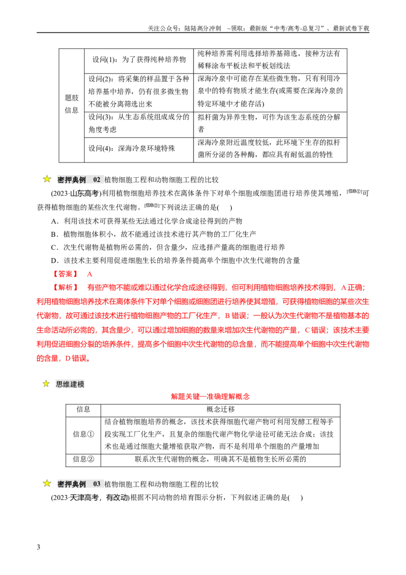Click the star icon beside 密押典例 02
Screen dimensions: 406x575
click(x=47, y=179)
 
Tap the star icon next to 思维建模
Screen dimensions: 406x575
click(x=46, y=384)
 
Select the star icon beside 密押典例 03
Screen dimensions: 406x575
click(x=47, y=484)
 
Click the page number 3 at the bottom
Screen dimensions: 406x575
click(x=39, y=547)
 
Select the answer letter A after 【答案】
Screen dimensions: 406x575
click(x=90, y=274)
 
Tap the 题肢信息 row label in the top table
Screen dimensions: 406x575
click(x=72, y=104)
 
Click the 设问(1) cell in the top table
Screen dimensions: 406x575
click(x=139, y=59)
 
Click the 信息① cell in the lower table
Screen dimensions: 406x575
click(x=84, y=434)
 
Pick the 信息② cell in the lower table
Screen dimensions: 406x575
click(x=84, y=459)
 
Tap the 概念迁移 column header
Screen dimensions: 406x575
click(x=221, y=409)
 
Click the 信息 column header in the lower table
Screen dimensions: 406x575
click(x=84, y=409)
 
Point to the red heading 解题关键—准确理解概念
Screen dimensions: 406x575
click(x=210, y=396)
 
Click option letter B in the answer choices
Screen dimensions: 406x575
click(x=54, y=234)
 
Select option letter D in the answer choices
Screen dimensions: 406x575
click(x=54, y=261)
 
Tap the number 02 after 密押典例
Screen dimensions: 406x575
click(x=97, y=180)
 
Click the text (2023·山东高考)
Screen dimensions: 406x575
click(x=76, y=193)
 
